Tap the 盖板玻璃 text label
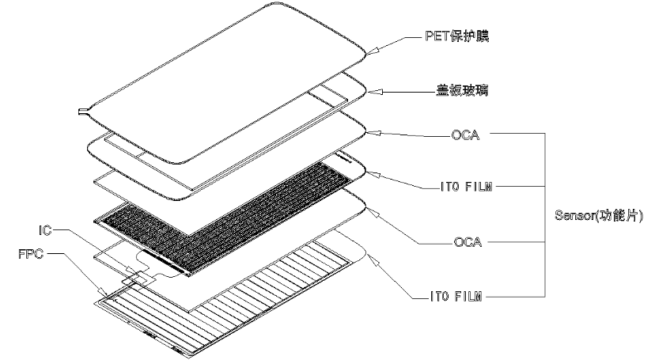click(453, 91)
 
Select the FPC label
click(33, 256)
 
